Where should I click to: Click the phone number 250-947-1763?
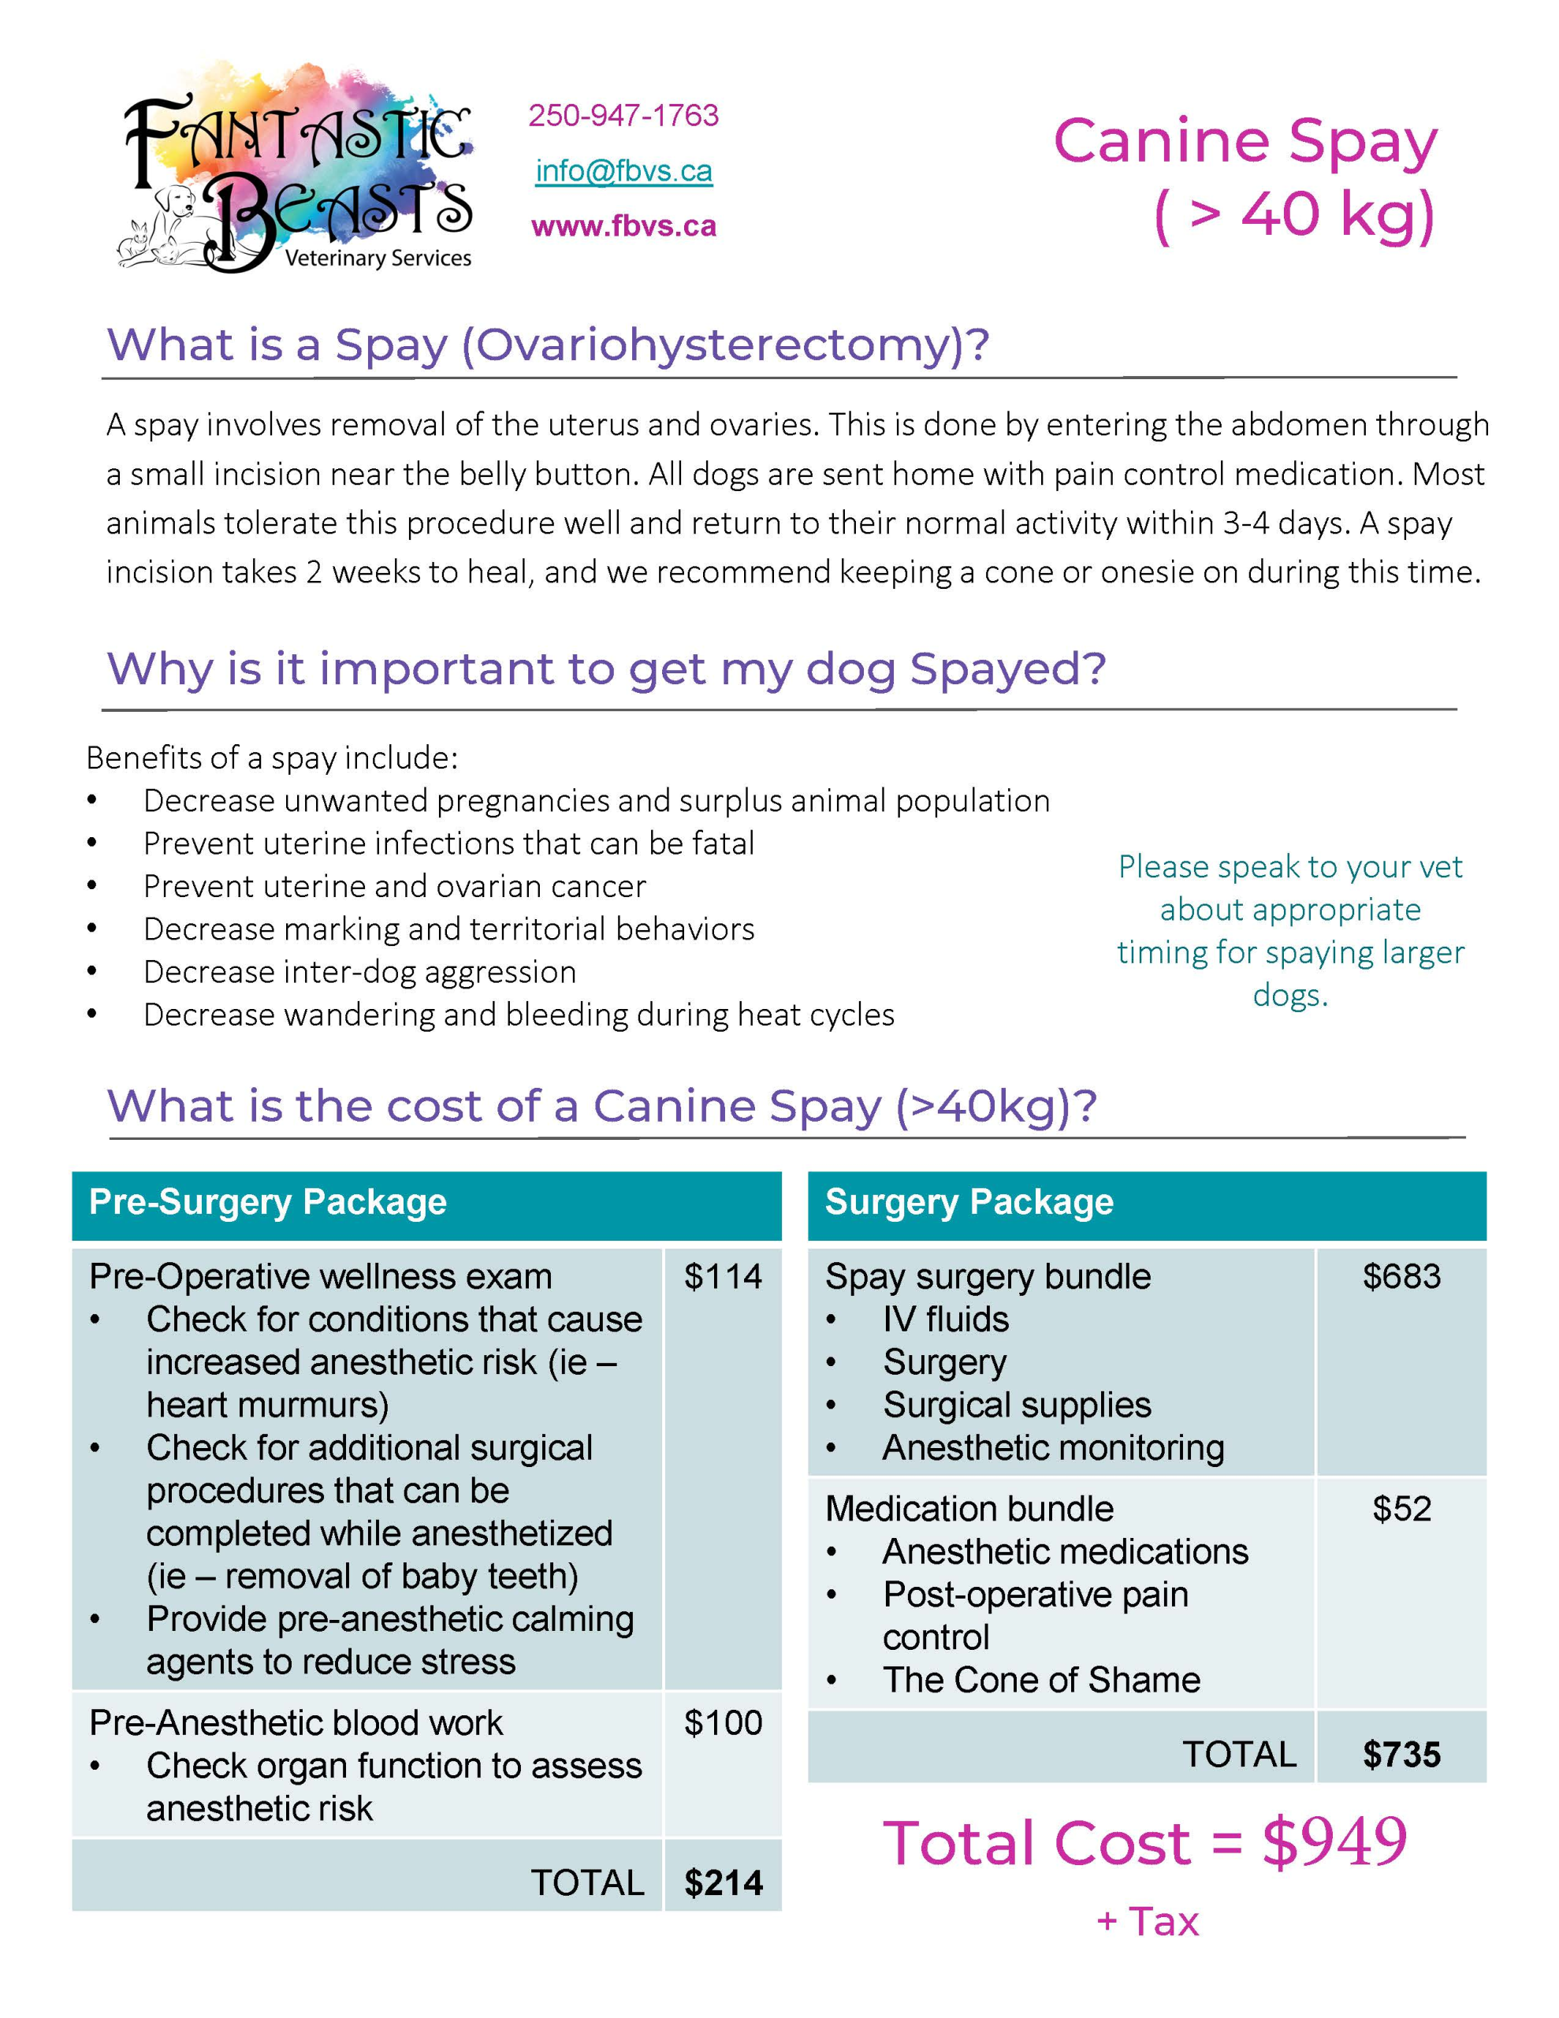coord(623,116)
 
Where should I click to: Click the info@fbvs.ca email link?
coord(623,171)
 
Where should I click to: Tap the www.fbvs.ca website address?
coord(623,226)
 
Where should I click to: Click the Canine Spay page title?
coord(1245,141)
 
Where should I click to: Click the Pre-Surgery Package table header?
coord(268,1202)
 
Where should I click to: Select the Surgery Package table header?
coord(969,1202)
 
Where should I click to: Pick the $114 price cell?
coord(723,1276)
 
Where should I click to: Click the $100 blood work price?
coord(723,1722)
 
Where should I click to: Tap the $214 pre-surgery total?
coord(723,1882)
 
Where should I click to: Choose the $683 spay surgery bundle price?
coord(1401,1276)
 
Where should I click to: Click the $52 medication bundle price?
coord(1401,1508)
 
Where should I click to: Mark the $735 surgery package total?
coord(1401,1754)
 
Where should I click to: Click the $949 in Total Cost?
coord(1334,1841)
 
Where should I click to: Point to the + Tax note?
coord(1147,1922)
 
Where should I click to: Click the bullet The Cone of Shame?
coord(1040,1680)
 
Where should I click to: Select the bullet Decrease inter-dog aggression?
coord(359,971)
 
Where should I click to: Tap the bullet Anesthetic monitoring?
coord(1052,1447)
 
